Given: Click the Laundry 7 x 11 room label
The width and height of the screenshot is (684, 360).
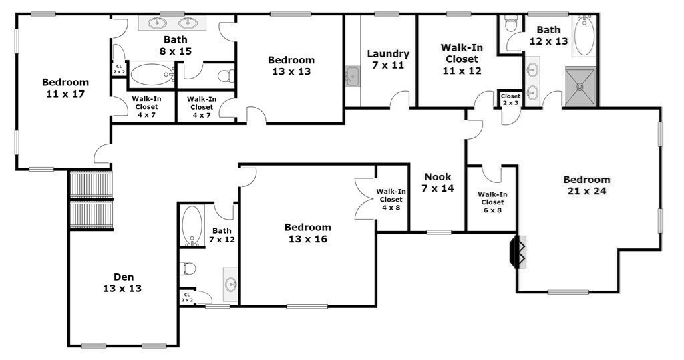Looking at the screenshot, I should pos(387,59).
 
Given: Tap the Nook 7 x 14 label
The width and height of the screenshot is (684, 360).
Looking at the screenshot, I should pos(438,183).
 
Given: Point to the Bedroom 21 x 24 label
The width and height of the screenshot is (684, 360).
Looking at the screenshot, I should pos(586,185).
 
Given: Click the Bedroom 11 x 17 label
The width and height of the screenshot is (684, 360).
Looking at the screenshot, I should pos(65,88).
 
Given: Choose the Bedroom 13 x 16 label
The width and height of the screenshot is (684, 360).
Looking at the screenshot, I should pos(307,233).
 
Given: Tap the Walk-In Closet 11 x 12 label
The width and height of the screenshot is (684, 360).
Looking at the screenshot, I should pos(461,59).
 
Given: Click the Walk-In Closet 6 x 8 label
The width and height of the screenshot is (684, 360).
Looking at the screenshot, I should pos(492,202).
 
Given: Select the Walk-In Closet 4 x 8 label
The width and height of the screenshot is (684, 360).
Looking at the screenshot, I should pos(391,199).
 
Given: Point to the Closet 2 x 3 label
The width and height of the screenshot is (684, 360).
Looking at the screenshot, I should pos(510,99).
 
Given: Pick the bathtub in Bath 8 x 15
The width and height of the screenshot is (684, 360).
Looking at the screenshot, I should pos(150,74).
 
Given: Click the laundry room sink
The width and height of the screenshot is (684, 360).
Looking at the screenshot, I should pos(352,77).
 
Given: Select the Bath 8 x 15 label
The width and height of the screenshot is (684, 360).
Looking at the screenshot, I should pos(172,45).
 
